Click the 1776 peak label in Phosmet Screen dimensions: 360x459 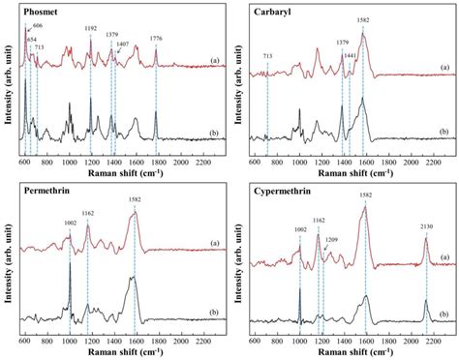coord(156,39)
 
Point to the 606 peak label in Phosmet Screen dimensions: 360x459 coord(37,24)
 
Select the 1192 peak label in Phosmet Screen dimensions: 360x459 coord(90,30)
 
